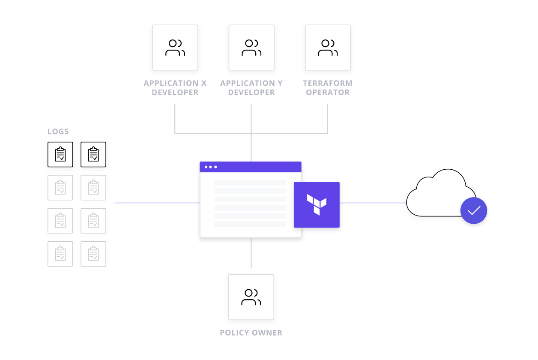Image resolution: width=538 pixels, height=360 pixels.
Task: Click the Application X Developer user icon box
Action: (x=175, y=48)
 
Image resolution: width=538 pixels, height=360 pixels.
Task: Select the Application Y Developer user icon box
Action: (x=251, y=48)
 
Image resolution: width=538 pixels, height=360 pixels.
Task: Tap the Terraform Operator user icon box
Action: (x=328, y=48)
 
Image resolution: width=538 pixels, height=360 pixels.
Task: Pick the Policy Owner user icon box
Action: (x=251, y=297)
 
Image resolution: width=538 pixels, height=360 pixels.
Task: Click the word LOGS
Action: (x=58, y=132)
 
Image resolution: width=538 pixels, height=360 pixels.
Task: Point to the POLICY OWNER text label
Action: (x=251, y=333)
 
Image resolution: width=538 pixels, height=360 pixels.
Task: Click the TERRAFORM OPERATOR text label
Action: (x=328, y=87)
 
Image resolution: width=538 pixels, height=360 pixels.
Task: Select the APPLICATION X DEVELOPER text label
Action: (x=175, y=87)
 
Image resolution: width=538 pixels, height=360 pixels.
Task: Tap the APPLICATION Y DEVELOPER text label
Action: (x=251, y=87)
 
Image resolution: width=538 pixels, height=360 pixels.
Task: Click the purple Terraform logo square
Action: (x=317, y=205)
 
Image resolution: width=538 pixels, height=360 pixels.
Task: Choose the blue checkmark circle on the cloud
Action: (x=474, y=210)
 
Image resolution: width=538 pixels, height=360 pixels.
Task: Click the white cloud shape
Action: (x=437, y=195)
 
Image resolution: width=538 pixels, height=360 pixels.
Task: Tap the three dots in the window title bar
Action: (x=211, y=167)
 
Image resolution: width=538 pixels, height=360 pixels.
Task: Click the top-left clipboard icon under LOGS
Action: (x=60, y=154)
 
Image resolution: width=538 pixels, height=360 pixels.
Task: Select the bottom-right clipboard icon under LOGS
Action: (x=93, y=254)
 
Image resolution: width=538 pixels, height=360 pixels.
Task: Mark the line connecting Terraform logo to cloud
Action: (x=373, y=203)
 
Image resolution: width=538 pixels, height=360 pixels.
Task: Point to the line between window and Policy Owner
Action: (x=251, y=253)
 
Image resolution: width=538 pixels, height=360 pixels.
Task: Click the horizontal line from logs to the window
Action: (x=157, y=203)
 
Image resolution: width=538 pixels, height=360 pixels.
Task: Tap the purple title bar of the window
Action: (x=257, y=167)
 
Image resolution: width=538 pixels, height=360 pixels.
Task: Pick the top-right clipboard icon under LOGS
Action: (x=93, y=154)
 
